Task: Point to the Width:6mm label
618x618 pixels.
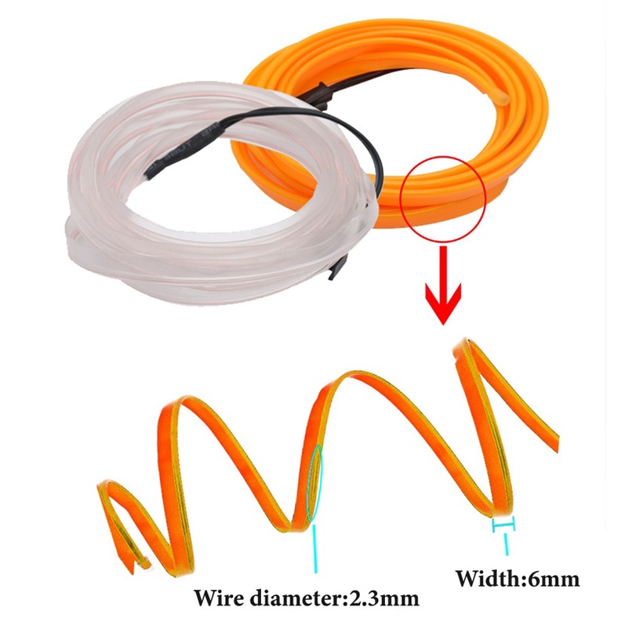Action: pos(518,580)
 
